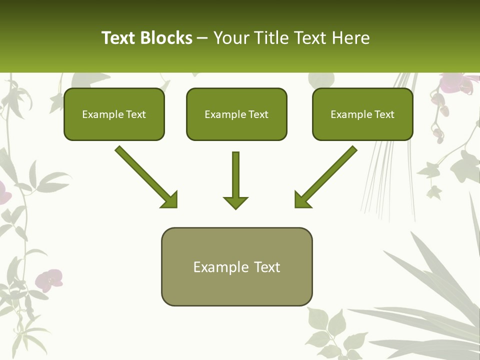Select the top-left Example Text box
[x=114, y=114]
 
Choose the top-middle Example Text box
[x=236, y=114]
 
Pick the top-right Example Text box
[x=362, y=114]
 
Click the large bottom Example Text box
[x=236, y=267]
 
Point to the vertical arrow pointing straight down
[x=235, y=180]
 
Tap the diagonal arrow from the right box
[x=326, y=176]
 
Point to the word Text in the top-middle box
[x=258, y=114]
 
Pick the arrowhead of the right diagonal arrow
[x=302, y=199]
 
